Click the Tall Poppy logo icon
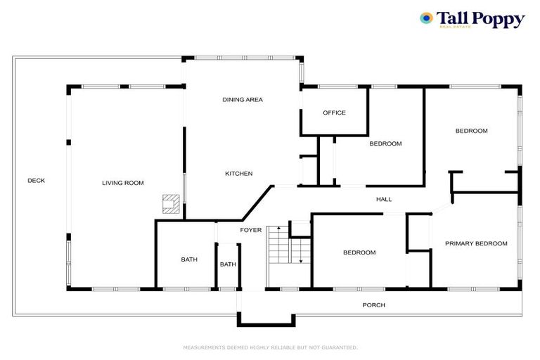click(x=426, y=18)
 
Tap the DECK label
click(x=37, y=181)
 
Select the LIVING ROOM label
click(x=123, y=183)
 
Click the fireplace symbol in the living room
click(x=169, y=204)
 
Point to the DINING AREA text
click(x=243, y=100)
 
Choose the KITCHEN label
click(x=239, y=174)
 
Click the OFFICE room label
click(x=334, y=112)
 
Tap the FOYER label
click(x=251, y=230)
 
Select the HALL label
click(x=384, y=200)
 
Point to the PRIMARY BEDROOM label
click(x=476, y=243)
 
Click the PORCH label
click(x=373, y=305)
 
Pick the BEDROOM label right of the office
click(x=385, y=143)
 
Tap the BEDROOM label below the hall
click(x=359, y=252)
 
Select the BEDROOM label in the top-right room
click(x=471, y=131)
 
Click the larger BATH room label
click(x=189, y=259)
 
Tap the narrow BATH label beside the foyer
click(x=228, y=264)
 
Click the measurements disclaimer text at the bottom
click(x=270, y=347)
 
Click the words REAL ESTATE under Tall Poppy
click(x=455, y=27)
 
